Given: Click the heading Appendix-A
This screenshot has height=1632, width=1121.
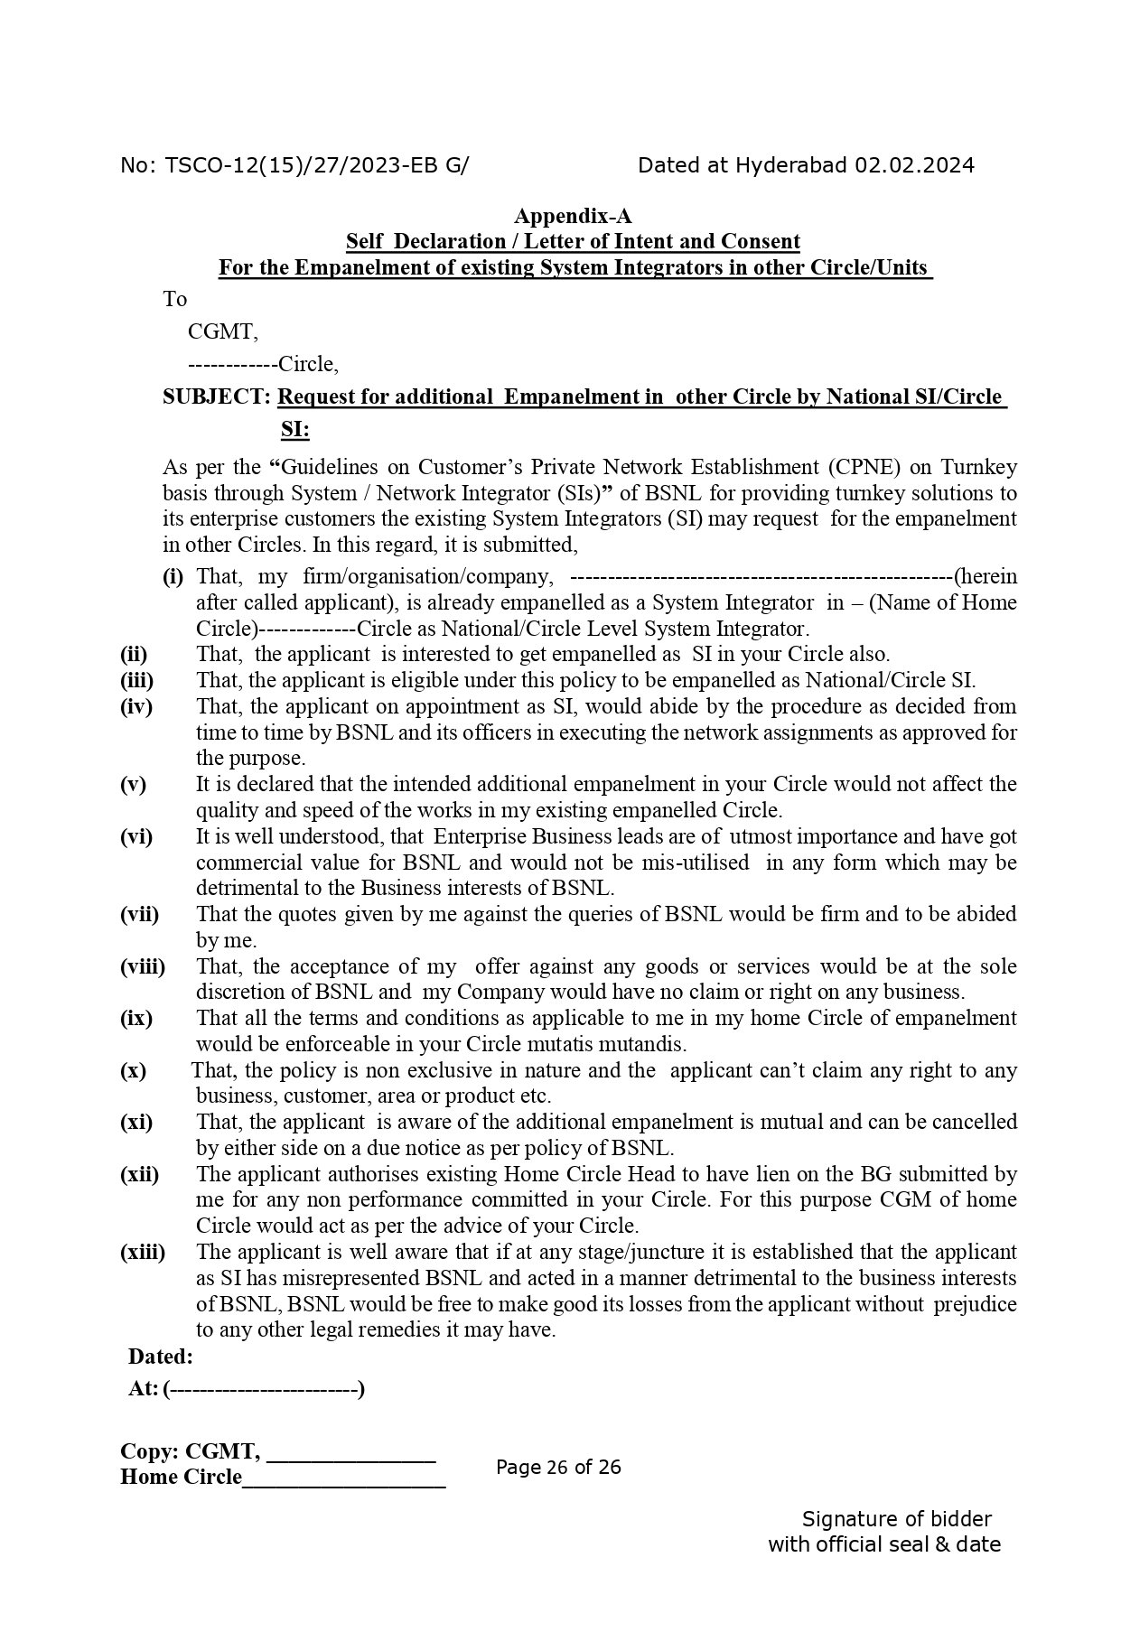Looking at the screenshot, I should pos(573,216).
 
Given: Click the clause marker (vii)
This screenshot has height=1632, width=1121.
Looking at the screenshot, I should pos(139,914).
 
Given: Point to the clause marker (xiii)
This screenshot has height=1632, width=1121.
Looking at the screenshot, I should pos(143,1252).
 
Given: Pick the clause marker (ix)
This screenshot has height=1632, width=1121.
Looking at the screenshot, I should pos(136,1018).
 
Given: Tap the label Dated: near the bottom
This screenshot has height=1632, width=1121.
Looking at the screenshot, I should pos(161,1357).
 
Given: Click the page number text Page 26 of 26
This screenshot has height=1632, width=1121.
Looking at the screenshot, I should pos(558,1467).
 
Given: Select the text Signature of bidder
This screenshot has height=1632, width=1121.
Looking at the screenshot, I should pos(896,1519).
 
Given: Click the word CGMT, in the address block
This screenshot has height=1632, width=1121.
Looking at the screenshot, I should pos(222,331).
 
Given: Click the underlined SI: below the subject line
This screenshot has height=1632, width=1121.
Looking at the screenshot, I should pos(294,430).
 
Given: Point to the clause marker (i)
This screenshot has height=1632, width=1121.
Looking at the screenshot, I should pos(173,576).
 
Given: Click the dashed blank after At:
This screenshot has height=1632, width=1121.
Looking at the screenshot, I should pos(264,1389).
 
